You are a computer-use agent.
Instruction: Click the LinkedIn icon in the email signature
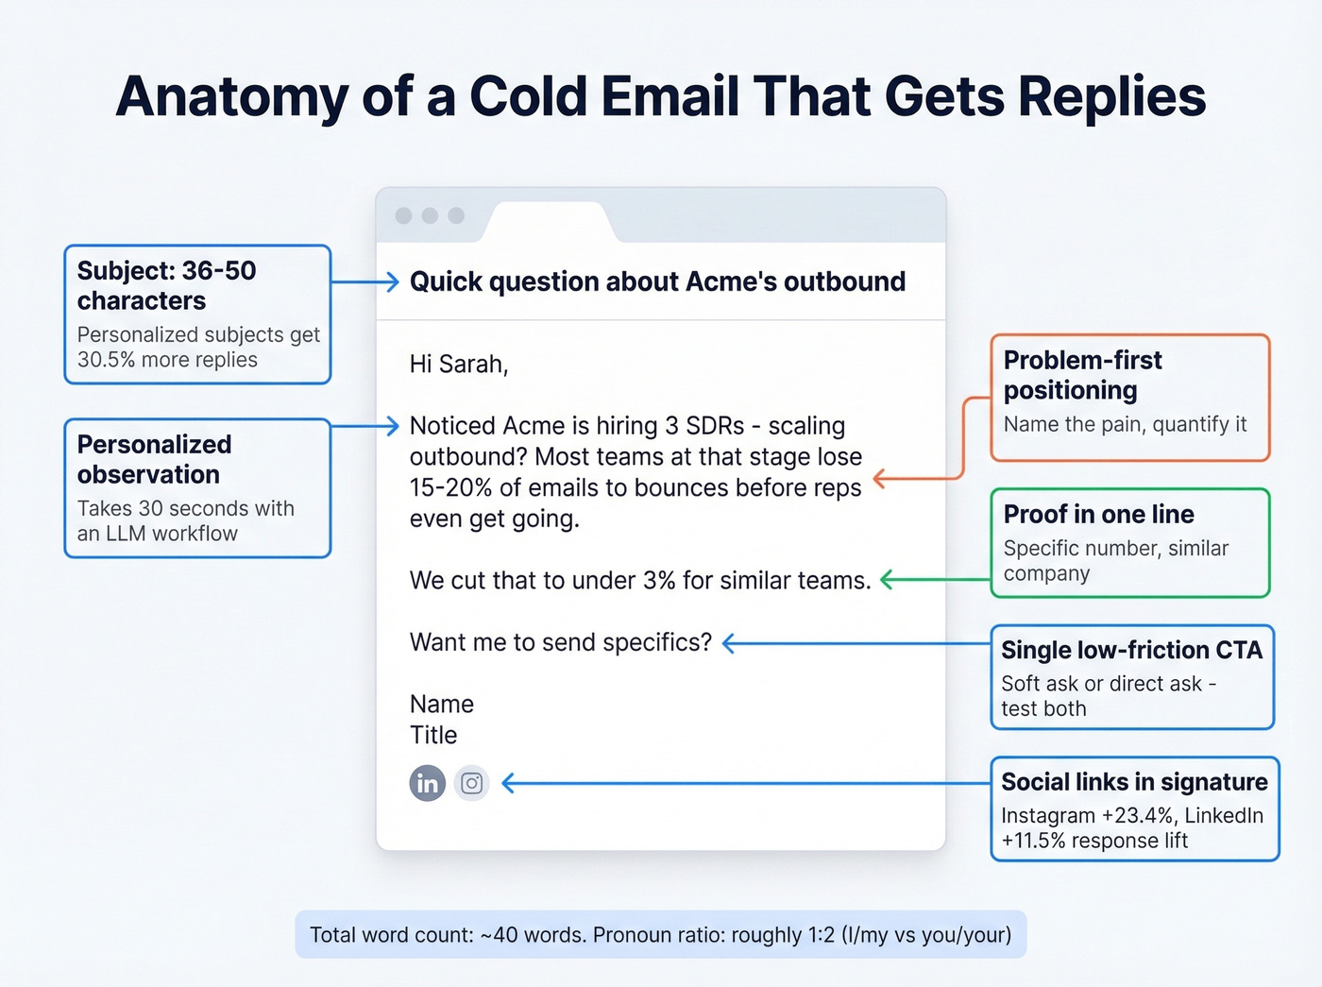click(427, 783)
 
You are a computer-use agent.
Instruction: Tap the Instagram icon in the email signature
click(472, 783)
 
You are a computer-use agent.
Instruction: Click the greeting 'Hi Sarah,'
click(459, 365)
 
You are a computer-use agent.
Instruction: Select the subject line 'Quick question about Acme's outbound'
click(657, 281)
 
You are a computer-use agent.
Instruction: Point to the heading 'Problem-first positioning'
click(1082, 375)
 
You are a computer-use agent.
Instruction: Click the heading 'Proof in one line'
click(1098, 514)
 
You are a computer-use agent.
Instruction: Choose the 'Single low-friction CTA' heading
click(1131, 650)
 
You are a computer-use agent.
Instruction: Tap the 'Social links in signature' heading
click(1134, 782)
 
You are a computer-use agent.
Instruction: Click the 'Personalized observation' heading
click(154, 459)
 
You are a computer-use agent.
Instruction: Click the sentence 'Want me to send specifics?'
click(560, 642)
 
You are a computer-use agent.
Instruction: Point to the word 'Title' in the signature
click(433, 735)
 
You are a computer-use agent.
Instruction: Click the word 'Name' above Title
click(441, 704)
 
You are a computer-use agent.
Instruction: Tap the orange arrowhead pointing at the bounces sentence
click(879, 479)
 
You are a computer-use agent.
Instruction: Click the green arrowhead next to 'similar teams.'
click(887, 580)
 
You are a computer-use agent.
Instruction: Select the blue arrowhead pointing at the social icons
click(508, 783)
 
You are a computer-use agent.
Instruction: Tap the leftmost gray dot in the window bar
click(403, 215)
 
